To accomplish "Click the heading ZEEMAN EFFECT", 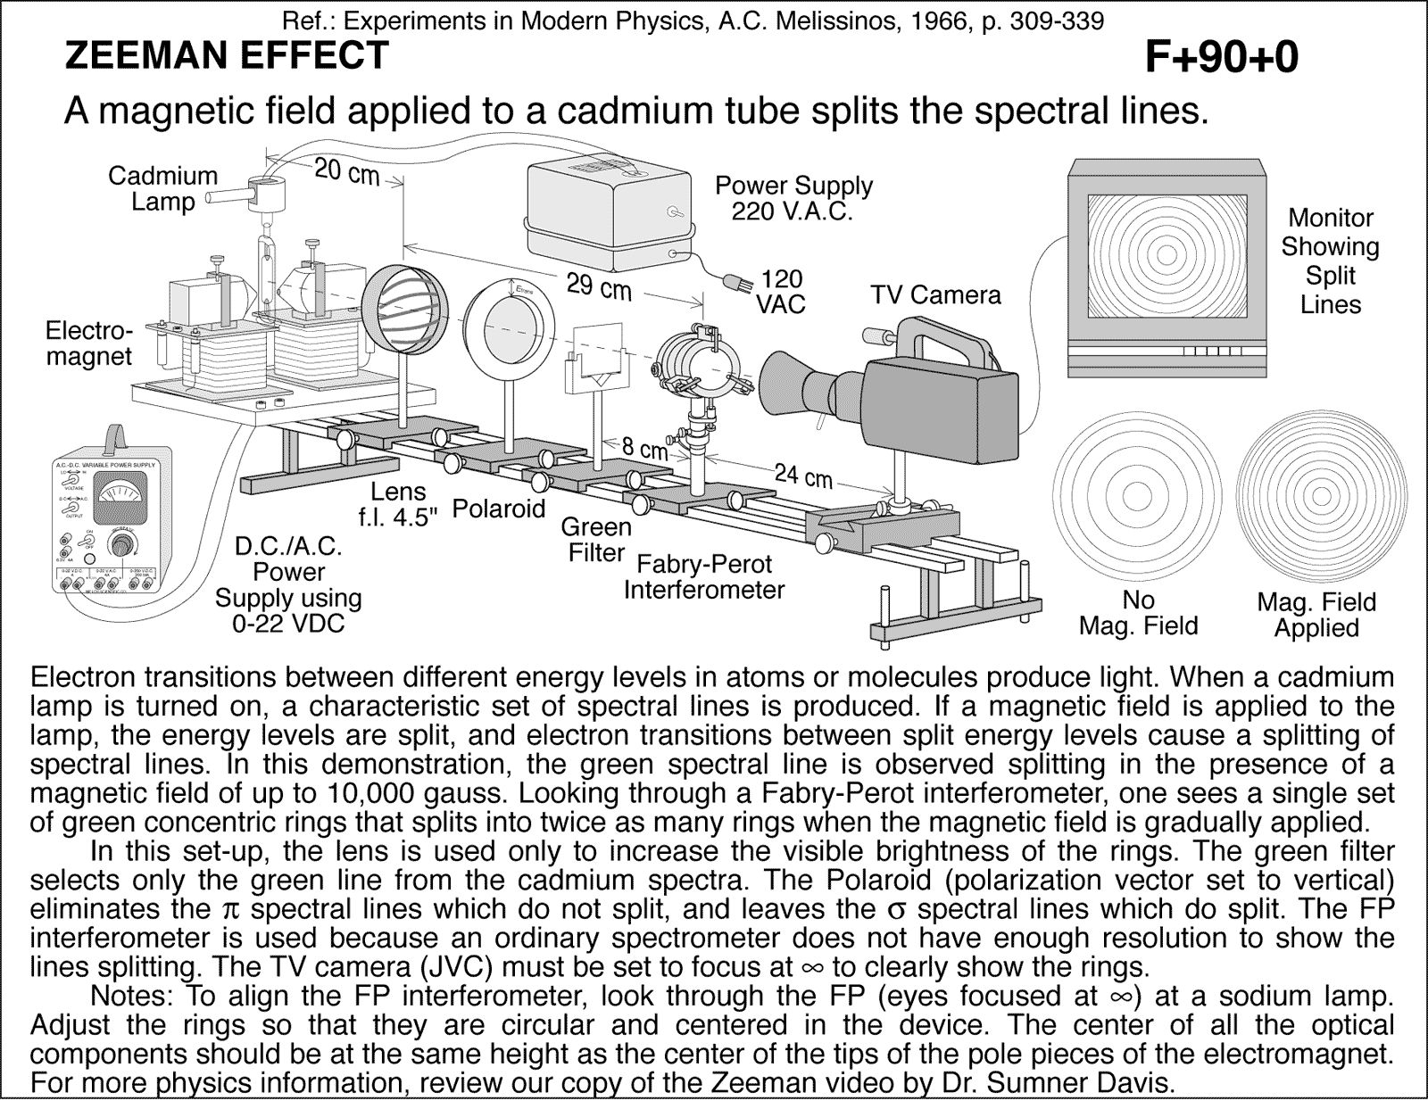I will pos(227,56).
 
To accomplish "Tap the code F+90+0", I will pos(1220,58).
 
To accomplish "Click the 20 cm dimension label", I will pos(346,171).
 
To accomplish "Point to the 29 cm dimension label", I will pos(599,287).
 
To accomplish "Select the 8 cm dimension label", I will pos(645,449).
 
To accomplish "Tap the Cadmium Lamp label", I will pos(162,188).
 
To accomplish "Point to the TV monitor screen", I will pos(1165,255).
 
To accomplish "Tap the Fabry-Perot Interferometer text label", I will pos(703,577).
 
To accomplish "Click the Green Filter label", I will pos(595,540).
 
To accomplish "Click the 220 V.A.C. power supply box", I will pos(609,215).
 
